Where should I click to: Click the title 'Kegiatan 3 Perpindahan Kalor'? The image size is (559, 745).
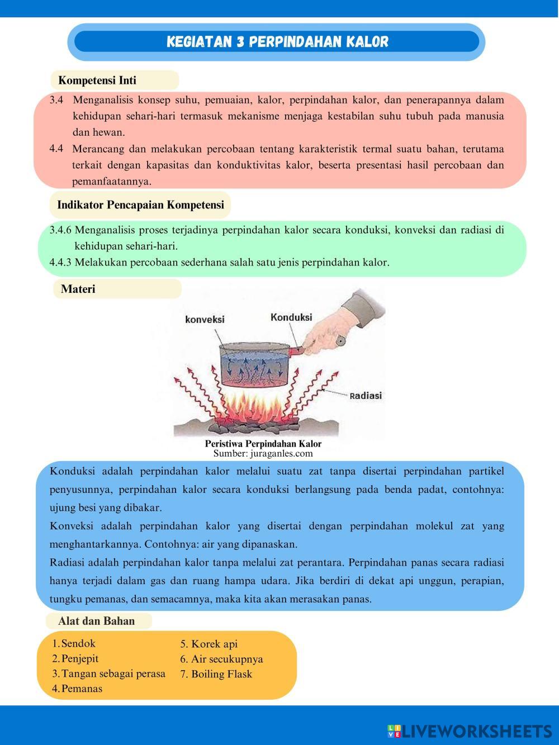pyautogui.click(x=277, y=42)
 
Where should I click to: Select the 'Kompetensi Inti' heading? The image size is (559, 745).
pyautogui.click(x=97, y=80)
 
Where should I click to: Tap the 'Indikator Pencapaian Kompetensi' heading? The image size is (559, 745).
pyautogui.click(x=140, y=205)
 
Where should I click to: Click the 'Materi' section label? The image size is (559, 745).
pyautogui.click(x=78, y=289)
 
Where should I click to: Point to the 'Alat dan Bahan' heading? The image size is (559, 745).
pyautogui.click(x=96, y=621)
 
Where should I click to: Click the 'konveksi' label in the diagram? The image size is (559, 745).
pyautogui.click(x=205, y=319)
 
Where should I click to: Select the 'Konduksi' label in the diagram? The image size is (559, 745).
pyautogui.click(x=291, y=317)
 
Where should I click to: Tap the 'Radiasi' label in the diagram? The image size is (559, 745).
pyautogui.click(x=366, y=396)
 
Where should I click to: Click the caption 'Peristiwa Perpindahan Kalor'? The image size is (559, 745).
pyautogui.click(x=263, y=444)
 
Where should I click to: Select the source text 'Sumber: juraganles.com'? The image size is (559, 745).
pyautogui.click(x=263, y=453)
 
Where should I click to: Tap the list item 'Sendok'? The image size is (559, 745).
pyautogui.click(x=78, y=643)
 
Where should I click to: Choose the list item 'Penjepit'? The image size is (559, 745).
pyautogui.click(x=80, y=658)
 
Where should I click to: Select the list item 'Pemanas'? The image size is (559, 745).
pyautogui.click(x=82, y=689)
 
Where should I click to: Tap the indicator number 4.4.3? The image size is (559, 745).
pyautogui.click(x=60, y=262)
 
